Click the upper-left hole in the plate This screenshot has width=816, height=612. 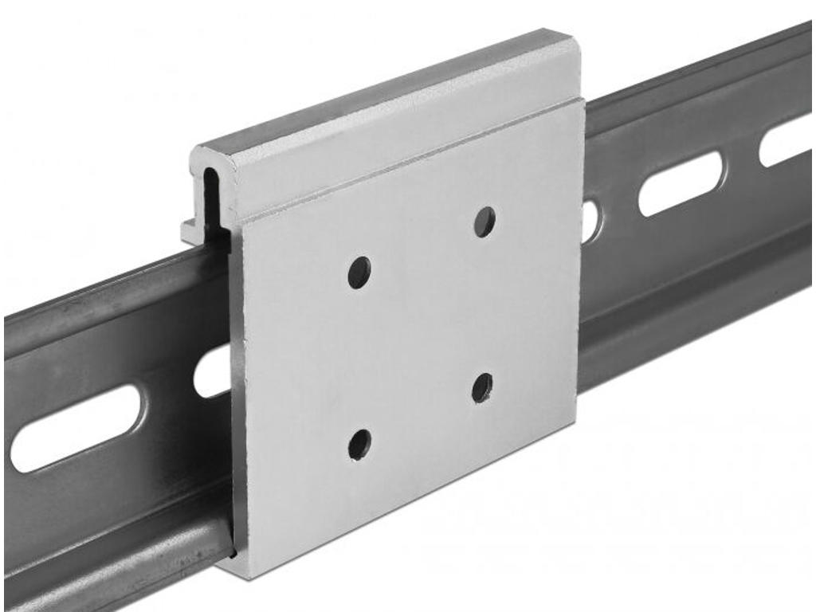pyautogui.click(x=359, y=273)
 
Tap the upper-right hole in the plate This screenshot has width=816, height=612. pyautogui.click(x=484, y=222)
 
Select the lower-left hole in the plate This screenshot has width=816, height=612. pyautogui.click(x=359, y=444)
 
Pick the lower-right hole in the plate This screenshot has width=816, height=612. pyautogui.click(x=482, y=387)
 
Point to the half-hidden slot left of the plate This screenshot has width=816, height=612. pyautogui.click(x=213, y=373)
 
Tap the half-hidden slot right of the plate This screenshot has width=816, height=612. pyautogui.click(x=590, y=222)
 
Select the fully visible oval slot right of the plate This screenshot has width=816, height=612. pyautogui.click(x=681, y=183)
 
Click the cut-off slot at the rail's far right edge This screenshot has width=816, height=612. pyautogui.click(x=787, y=139)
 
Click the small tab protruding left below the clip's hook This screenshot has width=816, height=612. pyautogui.click(x=191, y=232)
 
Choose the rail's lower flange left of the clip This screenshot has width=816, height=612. pyautogui.click(x=112, y=550)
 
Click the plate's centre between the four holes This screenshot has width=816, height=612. pyautogui.click(x=421, y=331)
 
